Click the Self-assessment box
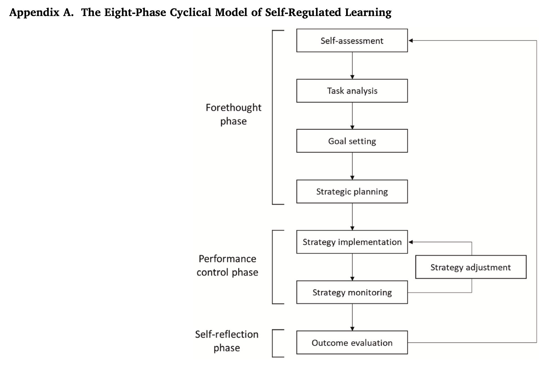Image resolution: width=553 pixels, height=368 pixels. pyautogui.click(x=352, y=40)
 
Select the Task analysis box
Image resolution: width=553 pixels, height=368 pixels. pyautogui.click(x=352, y=91)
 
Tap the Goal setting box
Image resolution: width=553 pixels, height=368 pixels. pyautogui.click(x=352, y=141)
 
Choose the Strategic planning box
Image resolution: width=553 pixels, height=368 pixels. pyautogui.click(x=352, y=191)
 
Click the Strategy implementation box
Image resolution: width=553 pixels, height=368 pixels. pyautogui.click(x=352, y=242)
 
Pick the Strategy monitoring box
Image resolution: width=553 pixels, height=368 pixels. pyautogui.click(x=352, y=292)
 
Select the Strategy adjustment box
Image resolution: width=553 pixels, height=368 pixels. pyautogui.click(x=470, y=267)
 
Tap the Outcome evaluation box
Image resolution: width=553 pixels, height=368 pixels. pyautogui.click(x=352, y=342)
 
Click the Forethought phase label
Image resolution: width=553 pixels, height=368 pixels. pyautogui.click(x=233, y=114)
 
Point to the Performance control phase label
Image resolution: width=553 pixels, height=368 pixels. pyautogui.click(x=227, y=265)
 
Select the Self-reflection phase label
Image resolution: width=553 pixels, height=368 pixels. pyautogui.click(x=227, y=341)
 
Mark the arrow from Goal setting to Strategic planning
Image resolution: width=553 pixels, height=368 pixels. pyautogui.click(x=352, y=166)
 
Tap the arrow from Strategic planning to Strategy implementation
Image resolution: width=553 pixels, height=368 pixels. pyautogui.click(x=352, y=217)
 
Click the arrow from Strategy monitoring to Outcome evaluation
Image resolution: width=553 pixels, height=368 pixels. pyautogui.click(x=352, y=317)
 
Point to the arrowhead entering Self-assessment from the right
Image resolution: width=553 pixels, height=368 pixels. pyautogui.click(x=411, y=40)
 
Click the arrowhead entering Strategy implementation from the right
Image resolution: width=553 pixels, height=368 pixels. pyautogui.click(x=411, y=242)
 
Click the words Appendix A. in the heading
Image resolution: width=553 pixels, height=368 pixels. pyautogui.click(x=41, y=12)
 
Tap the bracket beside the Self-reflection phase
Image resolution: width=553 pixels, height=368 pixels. pyautogui.click(x=273, y=343)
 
